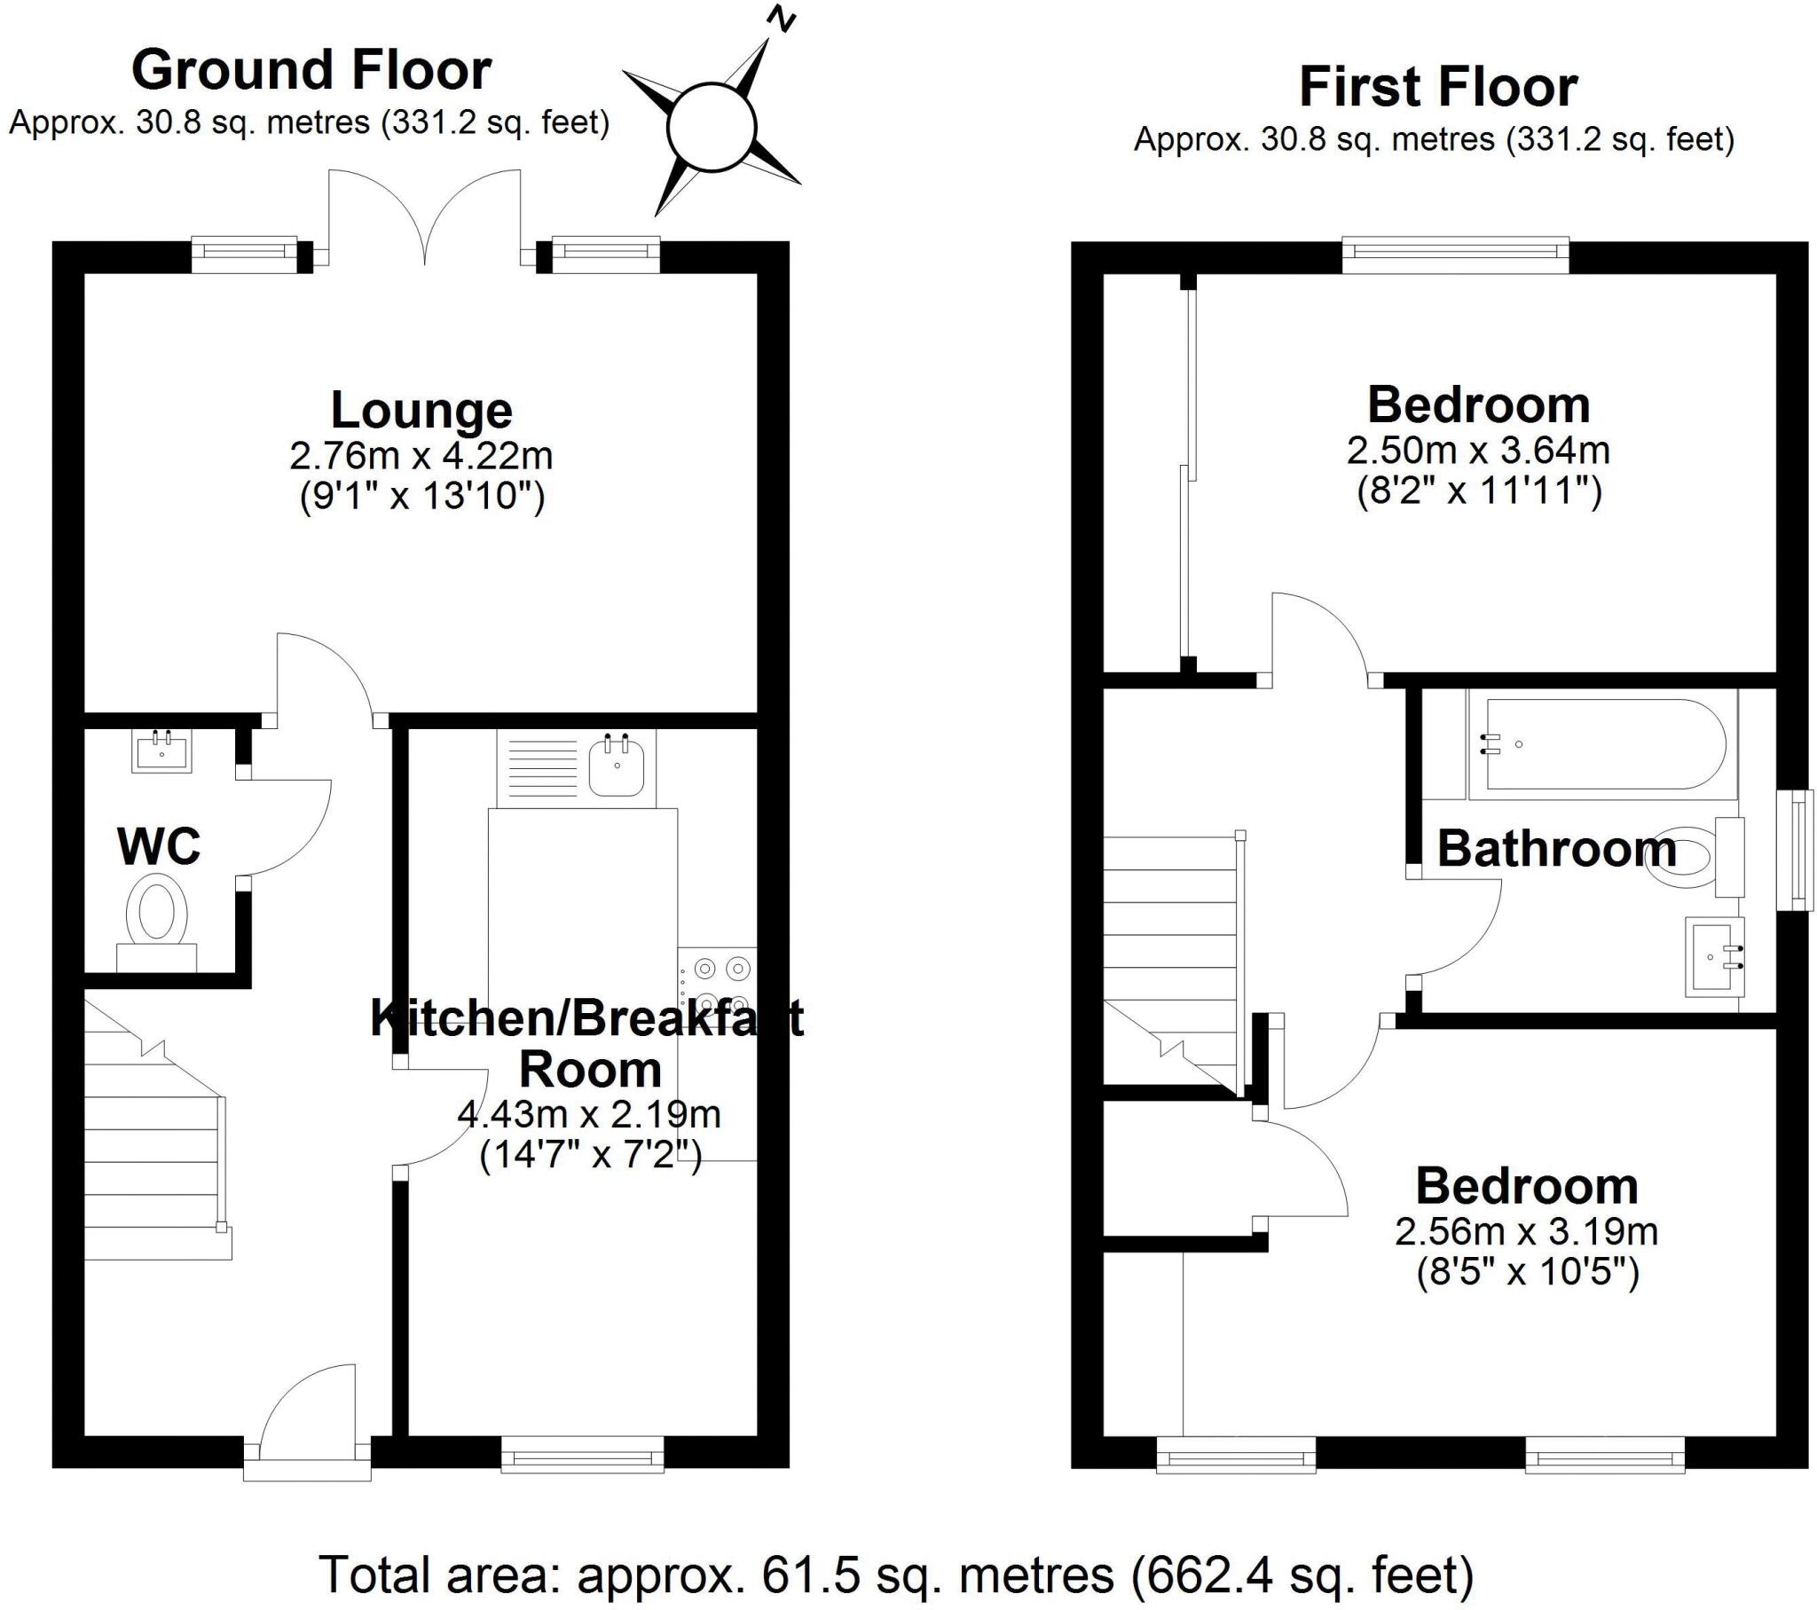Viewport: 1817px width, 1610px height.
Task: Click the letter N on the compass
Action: (x=782, y=20)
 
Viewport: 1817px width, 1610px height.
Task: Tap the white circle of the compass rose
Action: (x=712, y=127)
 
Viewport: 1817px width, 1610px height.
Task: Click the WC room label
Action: (x=158, y=846)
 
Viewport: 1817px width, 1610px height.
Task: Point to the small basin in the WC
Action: (x=161, y=751)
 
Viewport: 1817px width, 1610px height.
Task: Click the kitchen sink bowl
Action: (x=616, y=767)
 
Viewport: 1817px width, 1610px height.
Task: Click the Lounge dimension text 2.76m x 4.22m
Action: (x=421, y=456)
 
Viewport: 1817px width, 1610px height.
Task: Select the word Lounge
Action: (x=421, y=410)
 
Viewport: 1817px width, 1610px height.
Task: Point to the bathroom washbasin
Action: (x=1714, y=956)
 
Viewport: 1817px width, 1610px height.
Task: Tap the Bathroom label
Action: (x=1556, y=848)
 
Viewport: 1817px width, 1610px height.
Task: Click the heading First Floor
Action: (x=1437, y=87)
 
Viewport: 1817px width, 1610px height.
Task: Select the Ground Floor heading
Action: (x=311, y=70)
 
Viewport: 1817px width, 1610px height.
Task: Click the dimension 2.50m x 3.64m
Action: (x=1477, y=451)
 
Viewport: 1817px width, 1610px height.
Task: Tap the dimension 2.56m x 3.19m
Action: (x=1525, y=1232)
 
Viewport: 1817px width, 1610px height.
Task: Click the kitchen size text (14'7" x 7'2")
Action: (x=590, y=1156)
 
